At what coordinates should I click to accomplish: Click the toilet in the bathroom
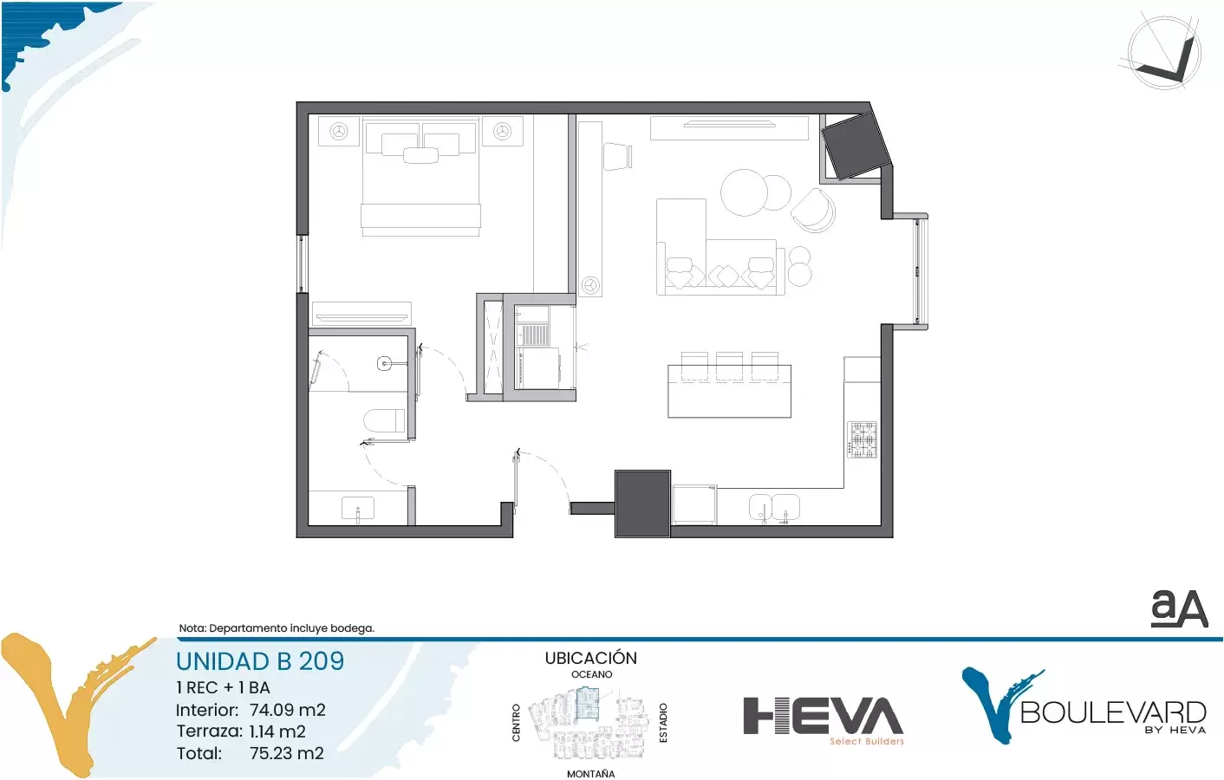[x=385, y=420]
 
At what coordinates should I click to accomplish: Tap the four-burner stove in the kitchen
[x=863, y=439]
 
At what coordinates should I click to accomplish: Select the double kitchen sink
[x=774, y=508]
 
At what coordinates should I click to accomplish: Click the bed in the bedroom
[x=420, y=177]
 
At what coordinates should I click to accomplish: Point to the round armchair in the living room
[x=814, y=211]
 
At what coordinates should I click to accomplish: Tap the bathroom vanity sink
[x=358, y=509]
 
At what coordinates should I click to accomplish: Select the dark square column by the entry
[x=642, y=504]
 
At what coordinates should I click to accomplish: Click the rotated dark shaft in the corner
[x=856, y=146]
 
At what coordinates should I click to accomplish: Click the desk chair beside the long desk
[x=617, y=156]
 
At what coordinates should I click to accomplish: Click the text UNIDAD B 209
[x=260, y=661]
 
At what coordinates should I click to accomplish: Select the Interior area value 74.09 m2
[x=288, y=710]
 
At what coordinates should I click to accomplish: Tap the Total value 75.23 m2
[x=287, y=753]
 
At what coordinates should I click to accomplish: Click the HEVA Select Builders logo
[x=824, y=720]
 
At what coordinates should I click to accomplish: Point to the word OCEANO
[x=592, y=674]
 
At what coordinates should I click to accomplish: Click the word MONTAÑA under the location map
[x=590, y=774]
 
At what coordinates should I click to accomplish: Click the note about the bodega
[x=277, y=628]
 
